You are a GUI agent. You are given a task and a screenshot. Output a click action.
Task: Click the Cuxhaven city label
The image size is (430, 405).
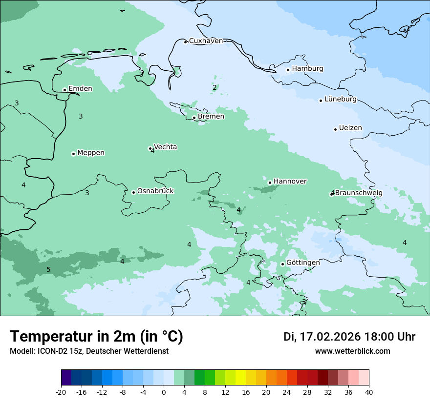click(206, 41)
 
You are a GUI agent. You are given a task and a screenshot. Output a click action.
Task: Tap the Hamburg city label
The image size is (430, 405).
click(307, 69)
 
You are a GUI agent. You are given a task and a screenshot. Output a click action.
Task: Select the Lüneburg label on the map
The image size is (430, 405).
click(340, 100)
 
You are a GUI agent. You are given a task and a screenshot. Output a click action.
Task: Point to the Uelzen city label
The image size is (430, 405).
click(350, 128)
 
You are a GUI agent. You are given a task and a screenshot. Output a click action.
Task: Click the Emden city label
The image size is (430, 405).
click(80, 89)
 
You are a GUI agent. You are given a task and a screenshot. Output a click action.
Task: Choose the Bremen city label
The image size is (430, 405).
click(211, 117)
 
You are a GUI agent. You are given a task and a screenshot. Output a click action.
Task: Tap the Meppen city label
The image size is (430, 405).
click(91, 153)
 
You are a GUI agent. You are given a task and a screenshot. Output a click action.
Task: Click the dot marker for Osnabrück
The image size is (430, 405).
click(133, 192)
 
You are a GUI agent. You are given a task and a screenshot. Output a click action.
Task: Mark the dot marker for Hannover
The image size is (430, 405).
click(270, 183)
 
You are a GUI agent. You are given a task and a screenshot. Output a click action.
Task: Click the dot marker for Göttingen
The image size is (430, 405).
click(282, 264)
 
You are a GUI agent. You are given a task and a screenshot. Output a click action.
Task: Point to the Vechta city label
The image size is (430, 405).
click(165, 147)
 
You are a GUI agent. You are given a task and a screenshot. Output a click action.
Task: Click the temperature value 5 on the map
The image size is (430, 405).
click(48, 270)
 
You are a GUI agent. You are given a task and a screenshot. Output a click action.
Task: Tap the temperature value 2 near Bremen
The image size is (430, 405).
click(214, 88)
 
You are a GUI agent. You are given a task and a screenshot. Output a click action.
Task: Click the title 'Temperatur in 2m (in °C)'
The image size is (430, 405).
click(96, 337)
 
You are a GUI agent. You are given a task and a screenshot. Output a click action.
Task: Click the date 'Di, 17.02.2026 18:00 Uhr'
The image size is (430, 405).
click(349, 337)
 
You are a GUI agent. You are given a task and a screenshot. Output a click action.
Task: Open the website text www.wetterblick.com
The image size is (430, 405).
click(352, 351)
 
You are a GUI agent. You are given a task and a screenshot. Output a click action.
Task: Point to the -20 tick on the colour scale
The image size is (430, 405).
click(61, 392)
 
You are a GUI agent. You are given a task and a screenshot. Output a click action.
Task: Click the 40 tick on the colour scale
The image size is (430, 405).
click(369, 392)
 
